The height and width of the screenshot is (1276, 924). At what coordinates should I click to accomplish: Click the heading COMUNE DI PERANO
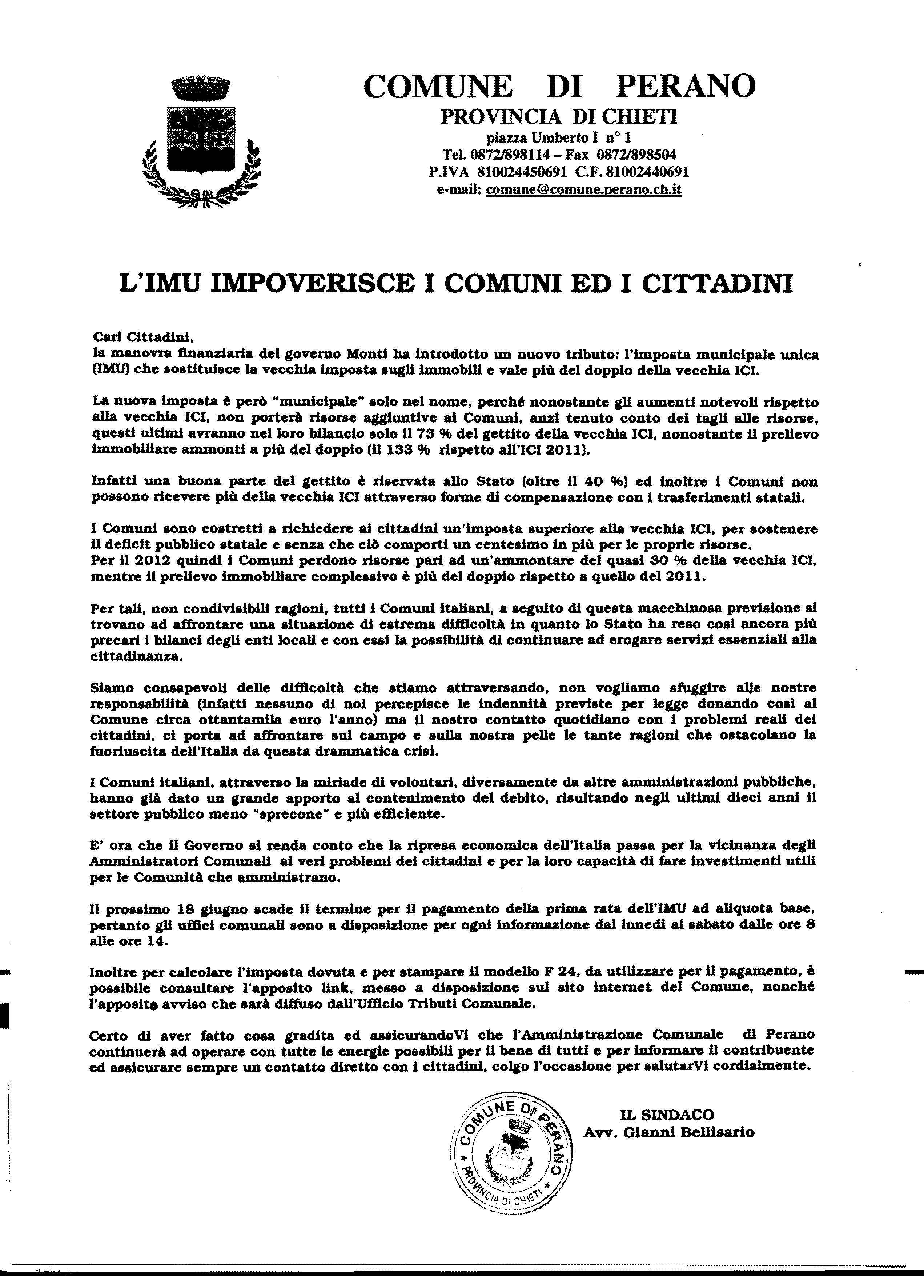(x=559, y=86)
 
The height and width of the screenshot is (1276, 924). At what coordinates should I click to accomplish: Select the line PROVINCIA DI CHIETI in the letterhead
(x=559, y=116)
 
